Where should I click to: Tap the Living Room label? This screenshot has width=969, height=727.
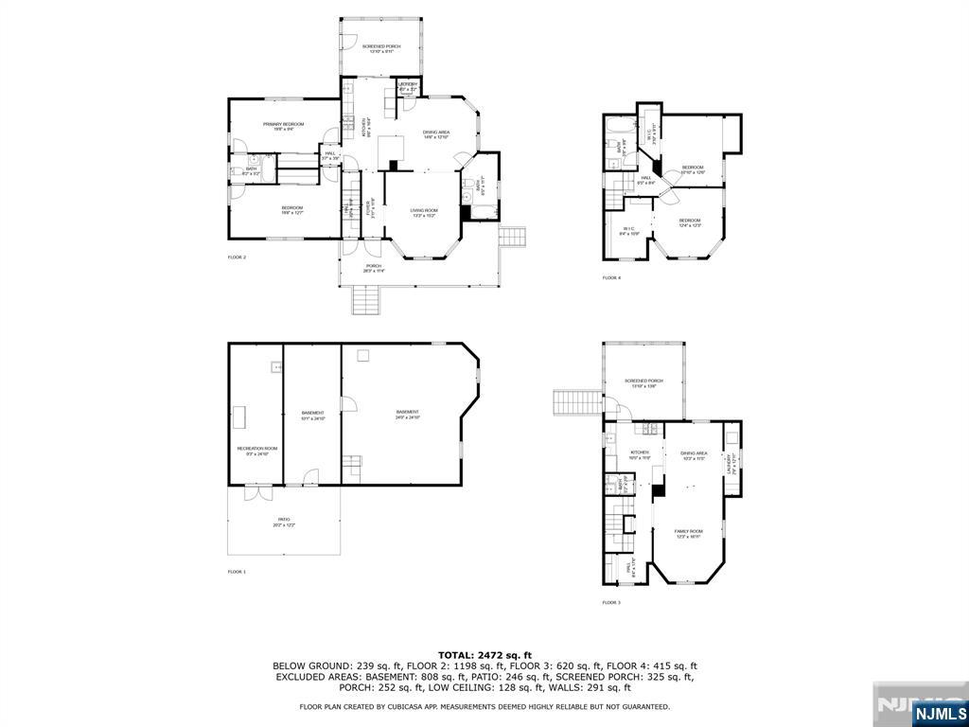click(424, 212)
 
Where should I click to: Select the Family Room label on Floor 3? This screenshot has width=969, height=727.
click(688, 534)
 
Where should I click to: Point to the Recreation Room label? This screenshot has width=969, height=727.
click(257, 451)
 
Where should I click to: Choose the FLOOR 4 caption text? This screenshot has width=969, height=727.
click(611, 277)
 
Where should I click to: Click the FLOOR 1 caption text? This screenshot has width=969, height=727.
click(237, 572)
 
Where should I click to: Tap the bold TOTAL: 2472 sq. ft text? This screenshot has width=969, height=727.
click(484, 655)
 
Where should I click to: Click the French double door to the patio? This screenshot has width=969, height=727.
click(254, 492)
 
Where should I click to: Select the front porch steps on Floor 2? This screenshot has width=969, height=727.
click(367, 300)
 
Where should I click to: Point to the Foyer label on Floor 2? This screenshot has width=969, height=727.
click(374, 208)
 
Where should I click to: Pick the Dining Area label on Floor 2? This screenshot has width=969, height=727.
click(435, 134)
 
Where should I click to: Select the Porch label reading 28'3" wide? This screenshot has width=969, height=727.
click(374, 268)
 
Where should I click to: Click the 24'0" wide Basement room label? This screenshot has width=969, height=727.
click(408, 414)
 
